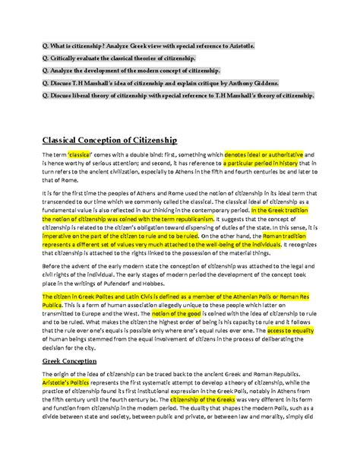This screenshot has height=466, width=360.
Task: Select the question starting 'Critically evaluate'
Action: click(x=124, y=59)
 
